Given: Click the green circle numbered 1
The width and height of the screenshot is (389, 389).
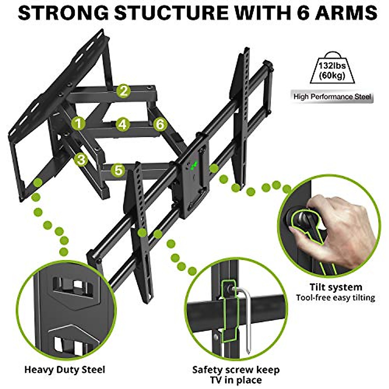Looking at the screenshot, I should coord(78,124).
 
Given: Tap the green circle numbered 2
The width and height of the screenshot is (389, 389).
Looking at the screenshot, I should coord(124,91).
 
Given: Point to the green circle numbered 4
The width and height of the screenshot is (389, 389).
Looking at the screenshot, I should coord(122,124).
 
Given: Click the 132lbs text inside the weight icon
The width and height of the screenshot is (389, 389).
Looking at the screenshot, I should coord(332,66).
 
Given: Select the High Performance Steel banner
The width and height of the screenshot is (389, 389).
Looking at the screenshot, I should coord(332,97).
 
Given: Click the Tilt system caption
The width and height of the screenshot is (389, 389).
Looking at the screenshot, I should coord(335,287).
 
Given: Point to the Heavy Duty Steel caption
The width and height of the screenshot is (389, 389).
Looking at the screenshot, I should coord(65,370).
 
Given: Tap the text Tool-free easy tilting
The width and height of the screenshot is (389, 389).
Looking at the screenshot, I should coord(335,298).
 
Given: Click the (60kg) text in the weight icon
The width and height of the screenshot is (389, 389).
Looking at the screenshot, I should coord(332,76).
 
